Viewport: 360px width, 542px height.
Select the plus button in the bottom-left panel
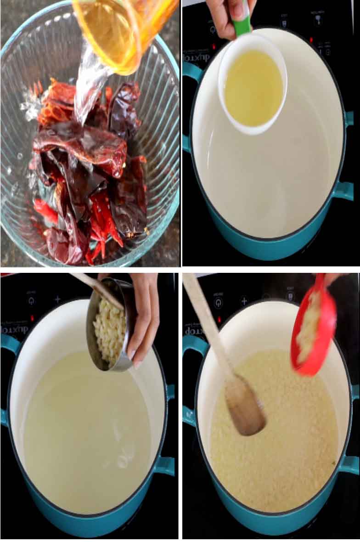58,299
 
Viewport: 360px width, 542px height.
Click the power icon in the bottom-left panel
31,301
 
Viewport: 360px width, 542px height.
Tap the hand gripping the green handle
225,14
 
